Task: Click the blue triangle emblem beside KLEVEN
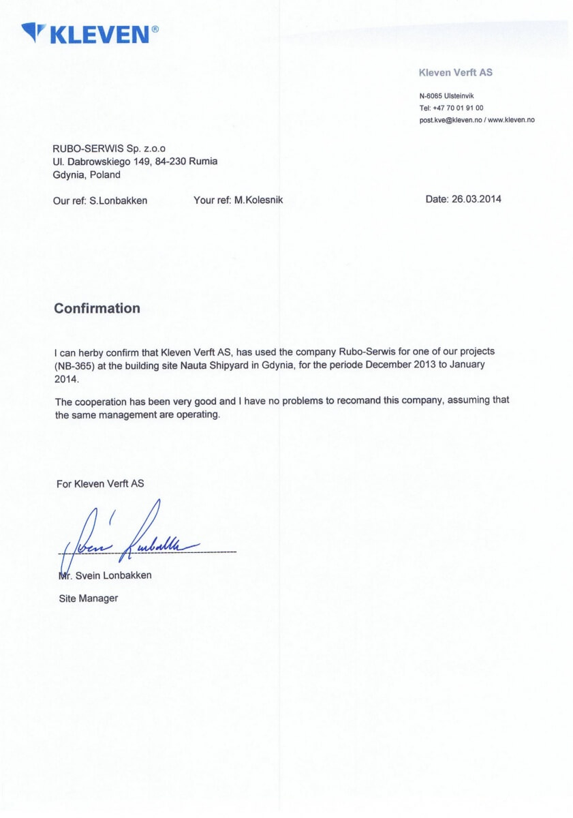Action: click(33, 31)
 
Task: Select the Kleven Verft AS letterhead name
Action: click(455, 72)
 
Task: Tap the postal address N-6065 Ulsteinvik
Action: click(446, 96)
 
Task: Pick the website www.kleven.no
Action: click(512, 119)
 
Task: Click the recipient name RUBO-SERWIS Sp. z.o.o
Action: click(110, 148)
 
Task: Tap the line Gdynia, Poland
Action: click(87, 175)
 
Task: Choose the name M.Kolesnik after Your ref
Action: click(258, 200)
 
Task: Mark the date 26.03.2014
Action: click(476, 200)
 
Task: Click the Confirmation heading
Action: click(97, 308)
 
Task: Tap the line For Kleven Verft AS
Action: click(100, 483)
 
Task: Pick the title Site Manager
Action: click(88, 599)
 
